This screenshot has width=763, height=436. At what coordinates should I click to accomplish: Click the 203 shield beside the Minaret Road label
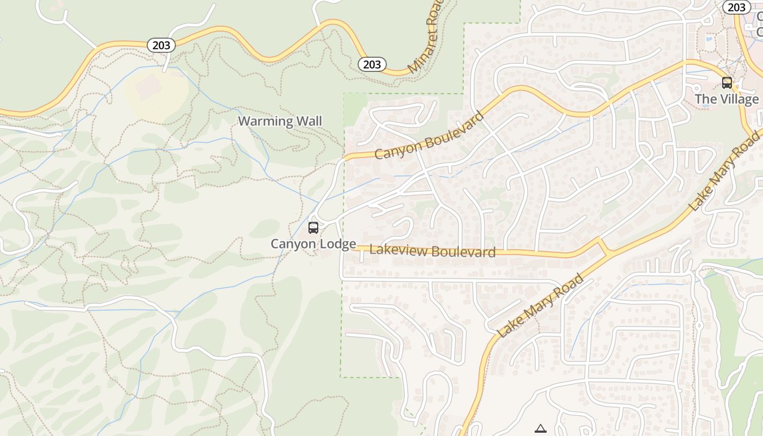click(372, 64)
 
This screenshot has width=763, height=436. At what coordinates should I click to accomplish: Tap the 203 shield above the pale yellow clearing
click(161, 45)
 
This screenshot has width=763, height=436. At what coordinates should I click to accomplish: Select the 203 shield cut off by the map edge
click(736, 7)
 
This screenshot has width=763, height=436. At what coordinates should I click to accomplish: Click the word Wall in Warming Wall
click(308, 121)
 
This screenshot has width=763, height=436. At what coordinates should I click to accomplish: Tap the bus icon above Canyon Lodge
click(313, 228)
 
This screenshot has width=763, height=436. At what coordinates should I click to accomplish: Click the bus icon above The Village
click(726, 83)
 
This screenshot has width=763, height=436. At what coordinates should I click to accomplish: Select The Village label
click(726, 99)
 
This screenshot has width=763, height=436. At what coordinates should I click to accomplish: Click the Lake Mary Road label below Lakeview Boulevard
click(541, 306)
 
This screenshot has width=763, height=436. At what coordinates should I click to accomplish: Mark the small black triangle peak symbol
click(540, 428)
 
